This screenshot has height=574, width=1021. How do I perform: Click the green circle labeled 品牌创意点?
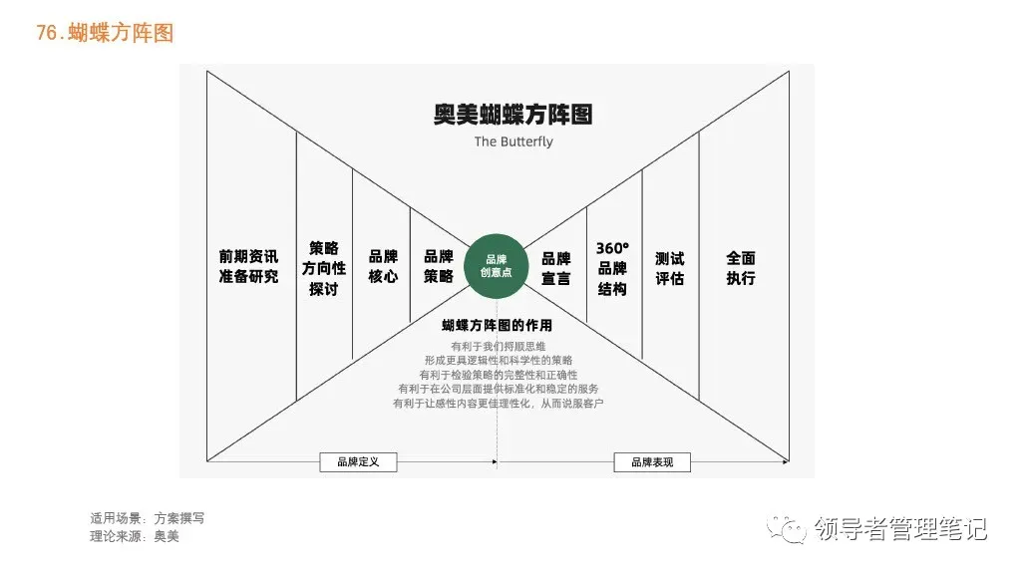(497, 265)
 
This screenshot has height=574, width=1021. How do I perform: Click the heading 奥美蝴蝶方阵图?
(513, 115)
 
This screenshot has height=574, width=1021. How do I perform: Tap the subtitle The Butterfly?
(513, 142)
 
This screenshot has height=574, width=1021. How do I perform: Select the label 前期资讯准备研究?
(248, 266)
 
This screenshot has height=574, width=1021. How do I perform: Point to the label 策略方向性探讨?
(324, 268)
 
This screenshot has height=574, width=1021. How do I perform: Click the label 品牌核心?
(383, 266)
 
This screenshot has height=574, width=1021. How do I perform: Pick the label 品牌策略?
(439, 266)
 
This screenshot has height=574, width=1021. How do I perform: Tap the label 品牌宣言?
(556, 268)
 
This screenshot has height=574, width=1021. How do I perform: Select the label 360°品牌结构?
(613, 268)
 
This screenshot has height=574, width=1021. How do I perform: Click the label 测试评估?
(669, 268)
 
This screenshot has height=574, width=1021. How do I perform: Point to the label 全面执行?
(741, 268)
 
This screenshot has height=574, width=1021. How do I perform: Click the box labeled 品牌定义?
(358, 462)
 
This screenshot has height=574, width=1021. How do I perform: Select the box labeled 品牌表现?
(652, 462)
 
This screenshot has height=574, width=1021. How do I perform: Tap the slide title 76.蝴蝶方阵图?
(105, 33)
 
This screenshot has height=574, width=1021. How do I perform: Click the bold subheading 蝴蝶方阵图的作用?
(497, 326)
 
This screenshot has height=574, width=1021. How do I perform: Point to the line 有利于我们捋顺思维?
(499, 346)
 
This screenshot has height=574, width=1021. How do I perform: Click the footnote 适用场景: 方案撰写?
(148, 518)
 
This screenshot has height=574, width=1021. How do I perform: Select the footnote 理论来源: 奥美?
(135, 536)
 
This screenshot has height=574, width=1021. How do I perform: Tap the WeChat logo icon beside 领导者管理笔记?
(786, 529)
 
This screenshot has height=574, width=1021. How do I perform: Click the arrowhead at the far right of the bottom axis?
(786, 461)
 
